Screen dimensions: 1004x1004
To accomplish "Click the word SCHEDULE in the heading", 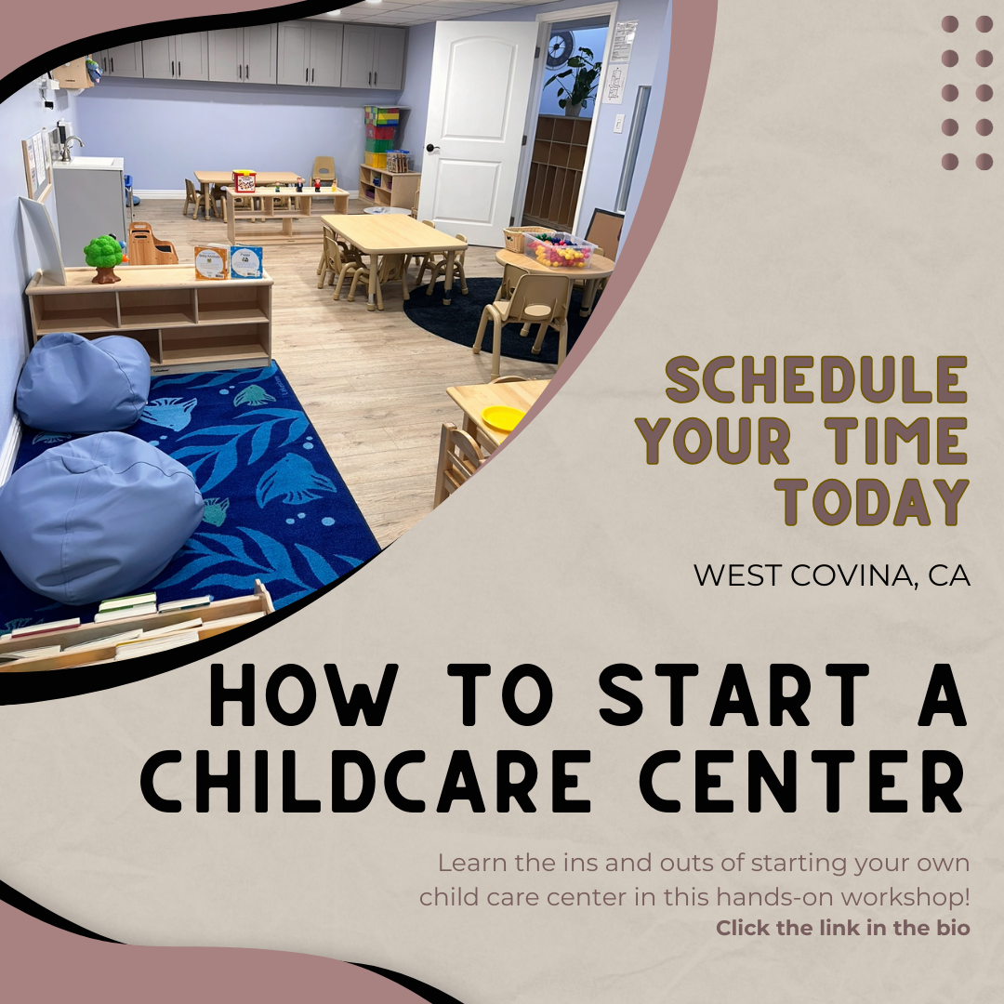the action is tap(816, 379).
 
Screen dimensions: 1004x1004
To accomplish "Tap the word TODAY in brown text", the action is tap(873, 502).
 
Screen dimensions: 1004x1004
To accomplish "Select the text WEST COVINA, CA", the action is tap(832, 575).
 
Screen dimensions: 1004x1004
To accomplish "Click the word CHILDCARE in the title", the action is tap(365, 781).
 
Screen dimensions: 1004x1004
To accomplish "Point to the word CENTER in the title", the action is tap(803, 781).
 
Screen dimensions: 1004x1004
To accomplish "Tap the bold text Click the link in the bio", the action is tap(842, 927).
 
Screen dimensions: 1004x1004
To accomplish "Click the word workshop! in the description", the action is tap(905, 896).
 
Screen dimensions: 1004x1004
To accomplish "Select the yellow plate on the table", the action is tap(503, 418).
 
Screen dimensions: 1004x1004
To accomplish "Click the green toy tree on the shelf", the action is tap(104, 258).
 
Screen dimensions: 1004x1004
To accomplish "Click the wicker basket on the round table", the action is tap(521, 239).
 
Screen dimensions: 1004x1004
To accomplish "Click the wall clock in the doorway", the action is tap(561, 48).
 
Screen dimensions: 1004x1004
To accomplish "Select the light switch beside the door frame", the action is tap(618, 124).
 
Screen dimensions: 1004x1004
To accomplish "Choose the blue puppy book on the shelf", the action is tap(246, 262).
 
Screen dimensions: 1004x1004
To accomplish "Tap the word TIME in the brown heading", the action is tap(895, 441).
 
